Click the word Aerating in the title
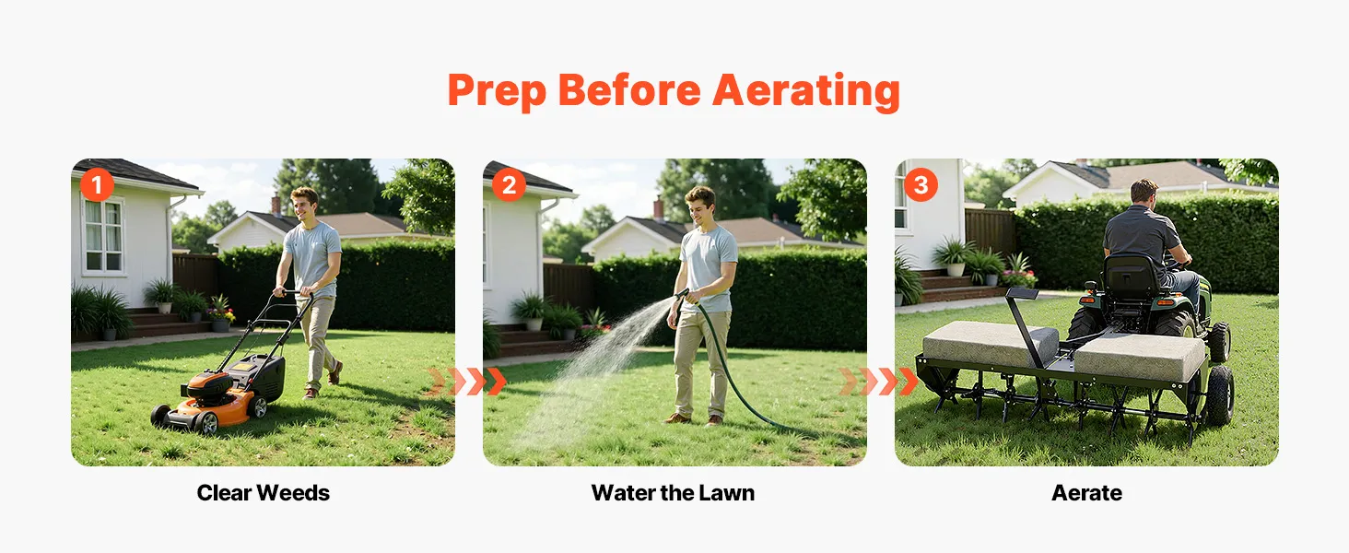tap(805, 91)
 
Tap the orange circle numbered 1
tap(97, 185)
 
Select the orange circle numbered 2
tap(509, 185)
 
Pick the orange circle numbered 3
tap(921, 185)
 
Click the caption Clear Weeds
tap(264, 493)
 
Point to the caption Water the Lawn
tap(673, 493)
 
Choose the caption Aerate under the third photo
tap(1086, 493)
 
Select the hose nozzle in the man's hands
tap(682, 295)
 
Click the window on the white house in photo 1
tap(103, 236)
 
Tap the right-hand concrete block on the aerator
tap(1140, 357)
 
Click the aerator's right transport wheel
tap(1219, 395)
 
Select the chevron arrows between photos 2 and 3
tap(879, 382)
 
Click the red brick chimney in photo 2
tap(659, 208)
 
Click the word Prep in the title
tap(497, 92)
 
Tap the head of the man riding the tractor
tap(1144, 192)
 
